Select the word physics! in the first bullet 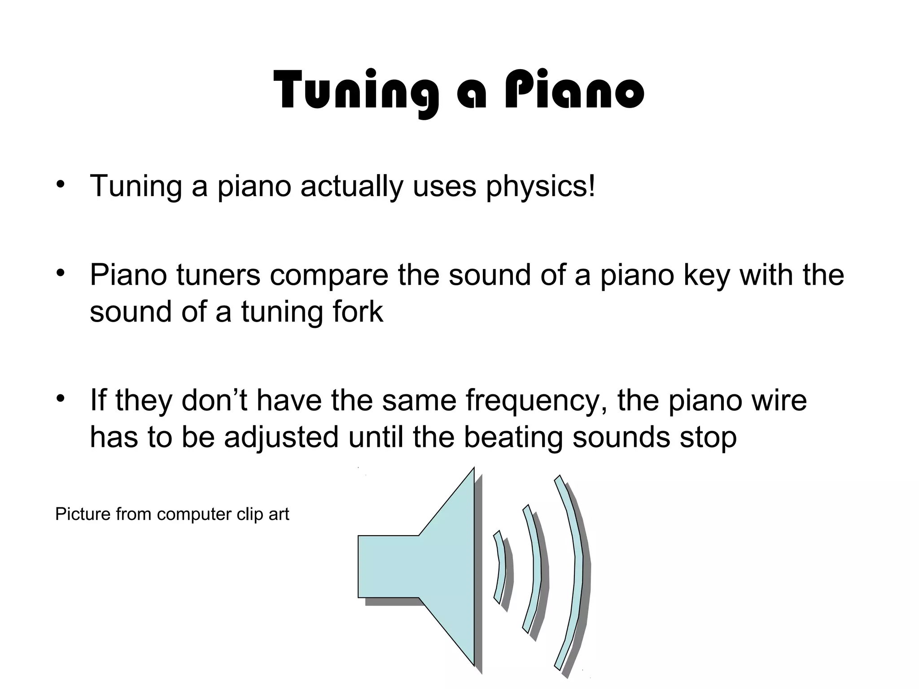541,186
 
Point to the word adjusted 281,437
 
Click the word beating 512,437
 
